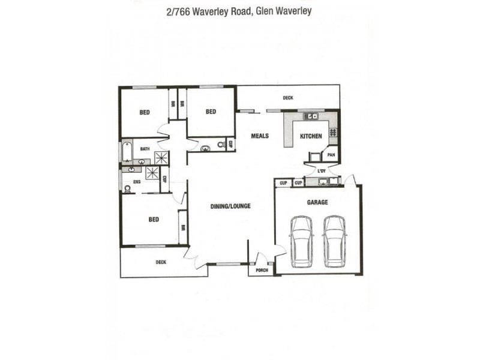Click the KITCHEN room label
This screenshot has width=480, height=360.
click(x=311, y=136)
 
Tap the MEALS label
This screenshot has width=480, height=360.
click(x=260, y=136)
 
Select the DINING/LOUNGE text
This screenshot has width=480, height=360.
click(x=230, y=206)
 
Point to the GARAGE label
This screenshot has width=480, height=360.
click(x=317, y=202)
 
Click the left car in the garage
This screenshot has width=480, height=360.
click(x=301, y=241)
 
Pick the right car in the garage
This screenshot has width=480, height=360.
click(x=334, y=241)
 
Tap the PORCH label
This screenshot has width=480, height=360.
click(x=262, y=270)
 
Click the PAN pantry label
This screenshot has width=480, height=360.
click(x=331, y=155)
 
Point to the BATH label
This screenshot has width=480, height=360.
click(x=145, y=148)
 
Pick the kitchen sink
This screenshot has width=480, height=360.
click(x=311, y=116)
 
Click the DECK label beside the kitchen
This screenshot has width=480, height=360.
click(x=288, y=98)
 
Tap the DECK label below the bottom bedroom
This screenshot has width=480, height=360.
click(x=161, y=262)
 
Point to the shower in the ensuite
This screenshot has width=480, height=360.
click(x=153, y=173)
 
